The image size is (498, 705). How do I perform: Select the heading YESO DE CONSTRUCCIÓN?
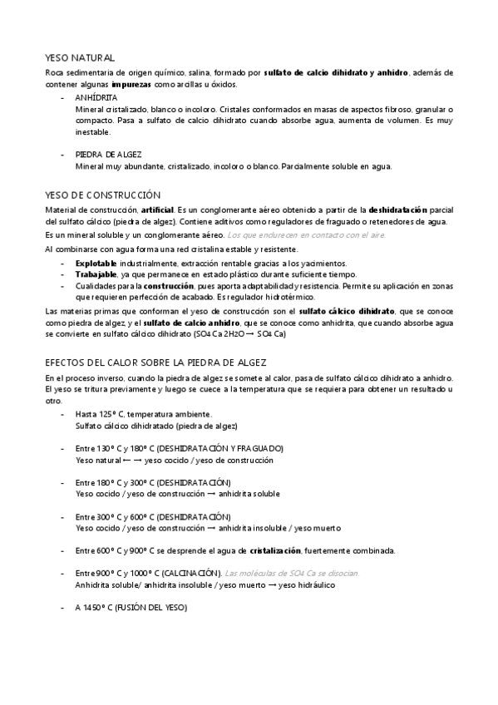click(101, 194)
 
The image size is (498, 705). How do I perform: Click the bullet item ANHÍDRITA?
click(96, 97)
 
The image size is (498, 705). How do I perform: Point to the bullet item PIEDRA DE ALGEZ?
click(108, 155)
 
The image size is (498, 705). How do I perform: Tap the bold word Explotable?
click(95, 263)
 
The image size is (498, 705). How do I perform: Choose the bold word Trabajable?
click(96, 274)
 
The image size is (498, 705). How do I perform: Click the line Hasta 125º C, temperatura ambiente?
click(143, 414)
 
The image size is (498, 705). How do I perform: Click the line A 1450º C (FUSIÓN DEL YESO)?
click(131, 608)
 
